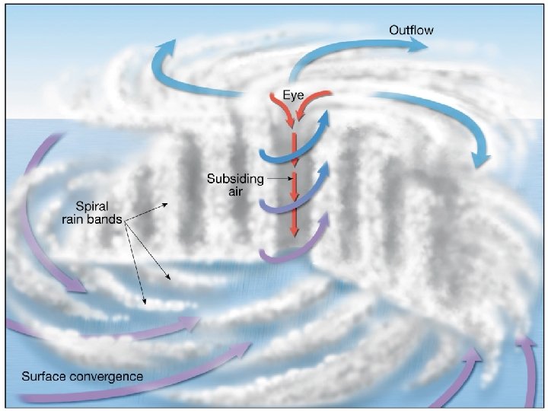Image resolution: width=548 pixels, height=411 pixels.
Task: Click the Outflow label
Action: coord(412,30)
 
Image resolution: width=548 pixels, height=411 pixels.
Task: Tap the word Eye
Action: coord(293,96)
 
